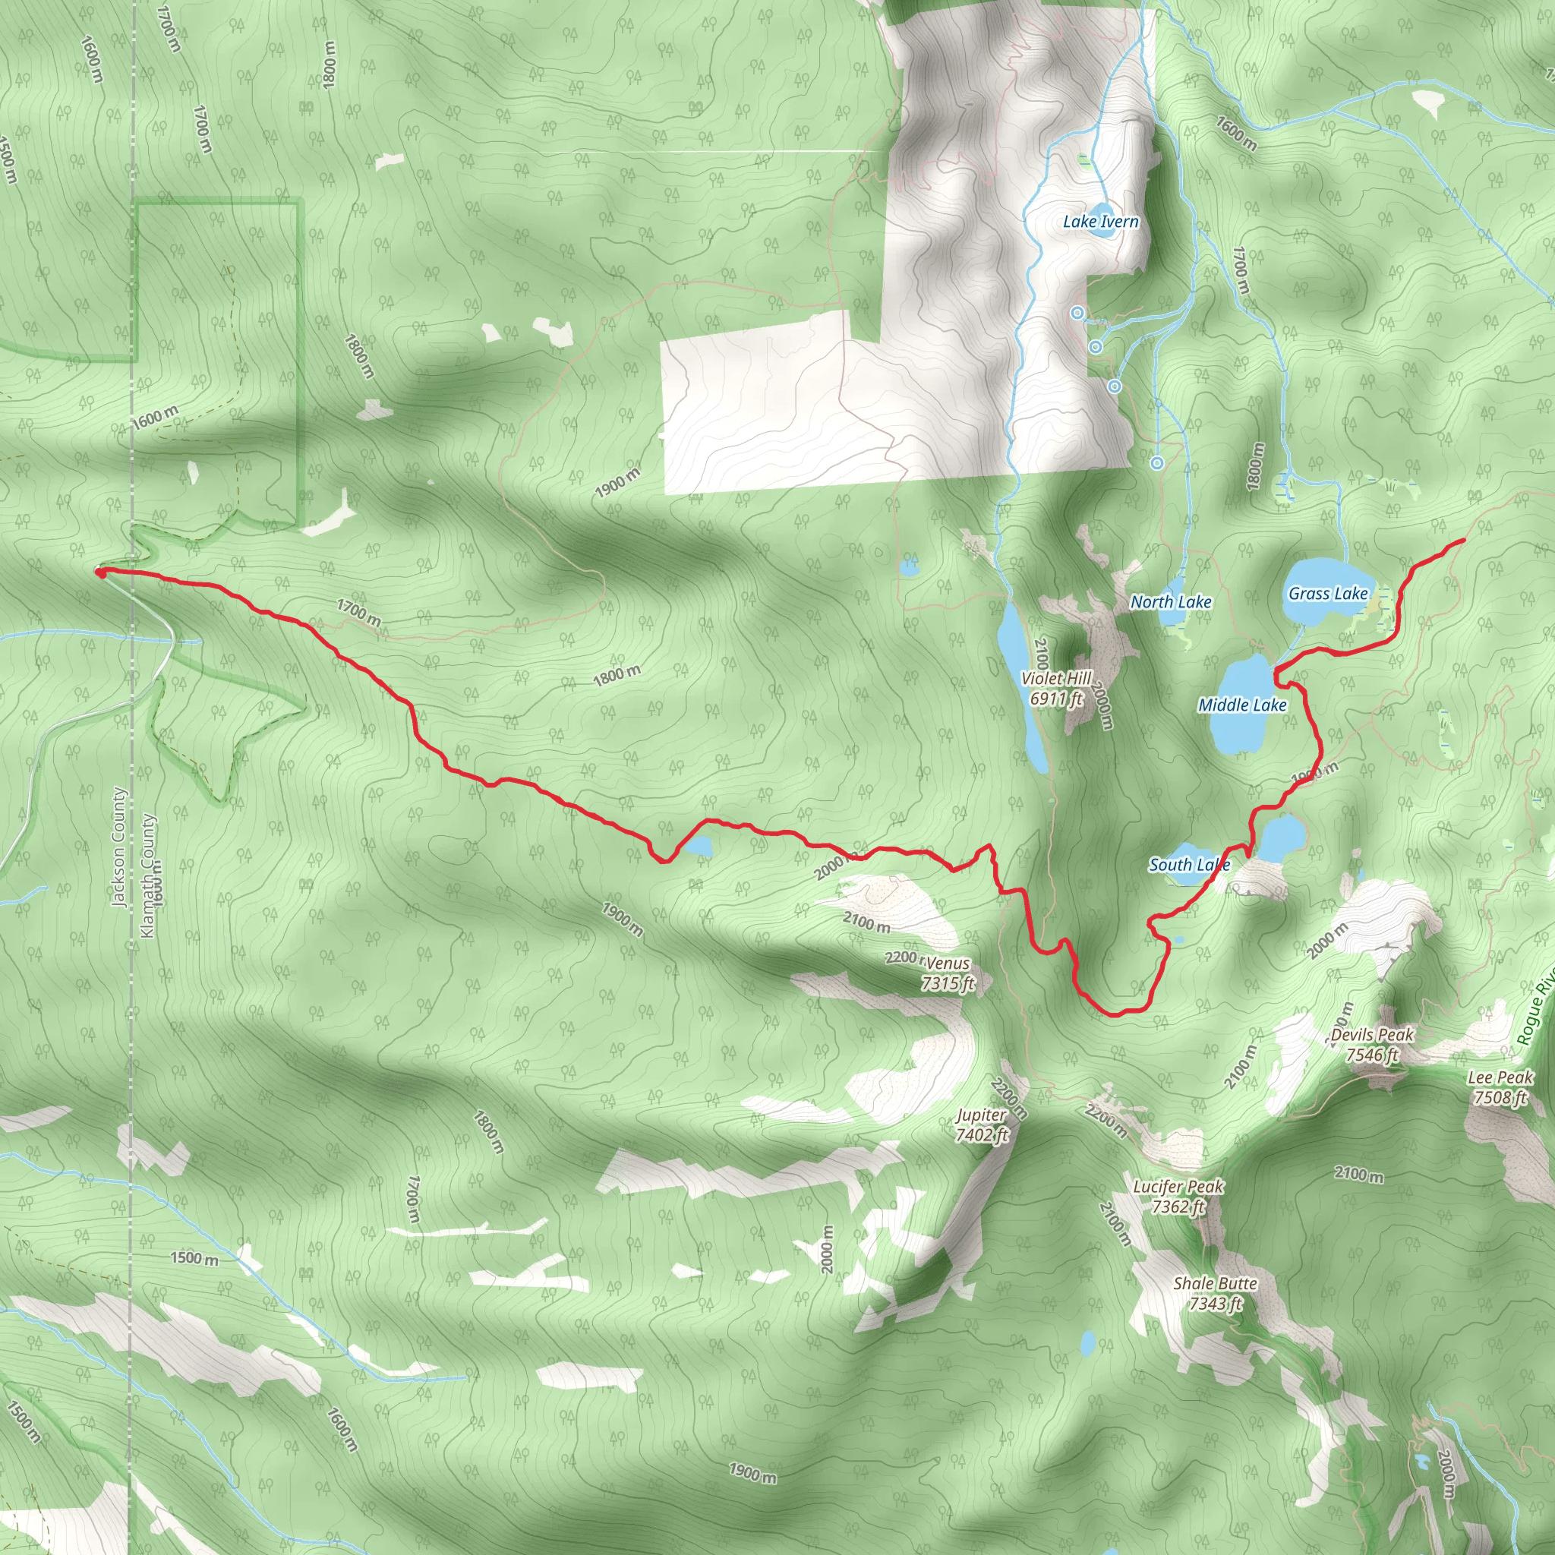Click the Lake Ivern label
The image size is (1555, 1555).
pos(1100,222)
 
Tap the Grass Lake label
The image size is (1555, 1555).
pos(1328,594)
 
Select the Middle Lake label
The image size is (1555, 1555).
pos(1242,705)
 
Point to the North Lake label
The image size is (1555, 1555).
pos(1170,602)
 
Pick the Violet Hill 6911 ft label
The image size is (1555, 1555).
pos(1055,688)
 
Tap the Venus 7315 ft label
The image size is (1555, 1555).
pos(948,973)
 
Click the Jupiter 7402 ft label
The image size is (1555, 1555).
pos(981,1125)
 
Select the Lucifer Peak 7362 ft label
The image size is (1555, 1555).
pos(1178,1196)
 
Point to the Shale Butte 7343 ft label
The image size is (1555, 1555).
pos(1215,1292)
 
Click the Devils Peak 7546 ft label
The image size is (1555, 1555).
pos(1371,1044)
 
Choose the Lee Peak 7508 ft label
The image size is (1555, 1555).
pos(1500,1087)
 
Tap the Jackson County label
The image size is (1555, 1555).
pos(119,847)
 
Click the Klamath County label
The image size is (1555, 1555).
pos(148,875)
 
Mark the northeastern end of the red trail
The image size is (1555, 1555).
pos(1462,540)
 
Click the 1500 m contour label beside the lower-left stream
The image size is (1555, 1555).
pos(194,1258)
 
